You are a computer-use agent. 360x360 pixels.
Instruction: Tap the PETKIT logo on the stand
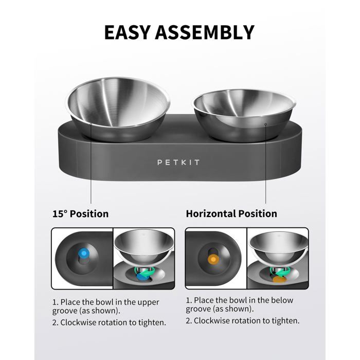point(178,163)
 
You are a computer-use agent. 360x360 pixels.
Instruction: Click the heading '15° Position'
point(80,213)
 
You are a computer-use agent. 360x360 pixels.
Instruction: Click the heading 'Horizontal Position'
point(231,213)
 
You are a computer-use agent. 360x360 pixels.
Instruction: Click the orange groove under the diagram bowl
point(279,279)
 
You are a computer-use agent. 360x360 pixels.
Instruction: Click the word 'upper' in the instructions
point(147,302)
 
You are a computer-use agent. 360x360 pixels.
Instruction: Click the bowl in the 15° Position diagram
point(142,246)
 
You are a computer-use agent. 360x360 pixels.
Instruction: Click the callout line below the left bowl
point(91,170)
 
